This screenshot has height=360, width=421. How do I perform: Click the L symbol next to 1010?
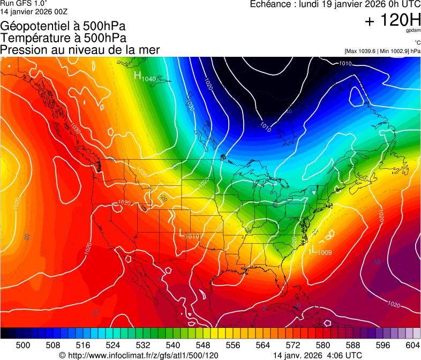182,232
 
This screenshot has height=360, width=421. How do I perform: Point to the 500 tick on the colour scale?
23,345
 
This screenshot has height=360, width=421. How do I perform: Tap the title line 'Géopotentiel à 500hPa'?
63,26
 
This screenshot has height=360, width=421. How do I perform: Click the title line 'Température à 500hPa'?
63,37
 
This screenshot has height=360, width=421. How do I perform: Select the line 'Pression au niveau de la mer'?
80,50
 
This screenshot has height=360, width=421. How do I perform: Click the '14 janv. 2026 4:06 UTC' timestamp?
317,355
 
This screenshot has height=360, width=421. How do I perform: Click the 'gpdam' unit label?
413,31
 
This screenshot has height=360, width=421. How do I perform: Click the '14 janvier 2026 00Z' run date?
34,11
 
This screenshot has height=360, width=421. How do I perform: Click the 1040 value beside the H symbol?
148,79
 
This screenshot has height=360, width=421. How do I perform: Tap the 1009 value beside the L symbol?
325,252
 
